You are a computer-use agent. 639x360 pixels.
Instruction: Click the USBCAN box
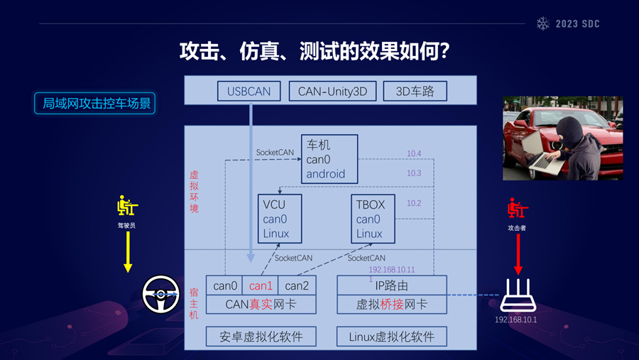point(249,91)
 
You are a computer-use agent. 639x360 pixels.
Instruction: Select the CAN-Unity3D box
point(332,91)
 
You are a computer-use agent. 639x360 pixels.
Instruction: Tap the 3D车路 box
point(415,91)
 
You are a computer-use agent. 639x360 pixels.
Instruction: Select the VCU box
point(280,219)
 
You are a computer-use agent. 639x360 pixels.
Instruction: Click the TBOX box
point(373,219)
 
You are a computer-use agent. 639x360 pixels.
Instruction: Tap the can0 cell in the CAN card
point(225,285)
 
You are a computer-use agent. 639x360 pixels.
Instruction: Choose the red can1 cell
point(261,285)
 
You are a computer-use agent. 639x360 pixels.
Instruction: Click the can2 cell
point(297,285)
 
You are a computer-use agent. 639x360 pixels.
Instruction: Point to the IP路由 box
point(392,285)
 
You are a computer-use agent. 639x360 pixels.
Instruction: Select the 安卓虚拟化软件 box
point(261,337)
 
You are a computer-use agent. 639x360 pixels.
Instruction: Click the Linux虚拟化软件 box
point(392,337)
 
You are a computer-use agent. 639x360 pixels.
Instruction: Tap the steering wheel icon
point(160,294)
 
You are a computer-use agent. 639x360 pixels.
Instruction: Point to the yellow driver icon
point(127,207)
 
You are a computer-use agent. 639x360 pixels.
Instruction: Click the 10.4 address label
point(414,153)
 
